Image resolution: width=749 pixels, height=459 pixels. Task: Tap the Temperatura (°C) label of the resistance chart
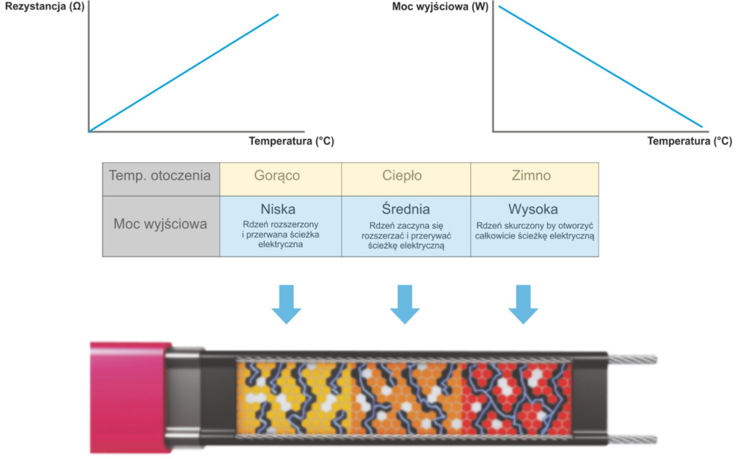291,141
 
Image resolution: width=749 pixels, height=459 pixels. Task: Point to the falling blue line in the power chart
600,67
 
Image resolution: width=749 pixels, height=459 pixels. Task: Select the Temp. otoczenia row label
160,176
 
